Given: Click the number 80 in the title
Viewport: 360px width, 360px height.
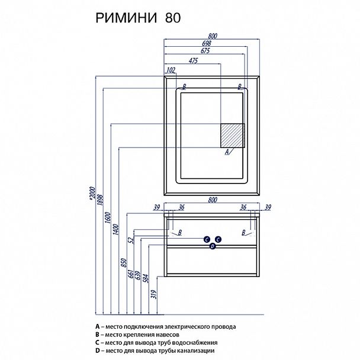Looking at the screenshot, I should click(x=172, y=18).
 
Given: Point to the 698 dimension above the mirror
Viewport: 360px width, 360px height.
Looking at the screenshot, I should click(x=205, y=44).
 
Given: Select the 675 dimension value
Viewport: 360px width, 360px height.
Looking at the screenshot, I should click(x=205, y=51).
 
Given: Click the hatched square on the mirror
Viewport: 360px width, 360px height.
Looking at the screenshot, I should click(x=233, y=136).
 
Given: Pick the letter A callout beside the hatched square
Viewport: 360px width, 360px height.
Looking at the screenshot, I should click(x=227, y=152).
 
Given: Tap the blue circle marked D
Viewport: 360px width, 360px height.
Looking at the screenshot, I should click(x=213, y=248).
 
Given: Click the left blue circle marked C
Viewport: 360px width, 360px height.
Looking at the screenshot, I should click(x=207, y=239).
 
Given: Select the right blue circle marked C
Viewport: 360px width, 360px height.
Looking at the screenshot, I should click(x=218, y=239).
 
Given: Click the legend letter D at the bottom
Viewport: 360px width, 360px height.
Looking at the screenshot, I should click(x=97, y=351).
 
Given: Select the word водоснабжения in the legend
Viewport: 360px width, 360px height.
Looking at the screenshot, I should click(x=192, y=342).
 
